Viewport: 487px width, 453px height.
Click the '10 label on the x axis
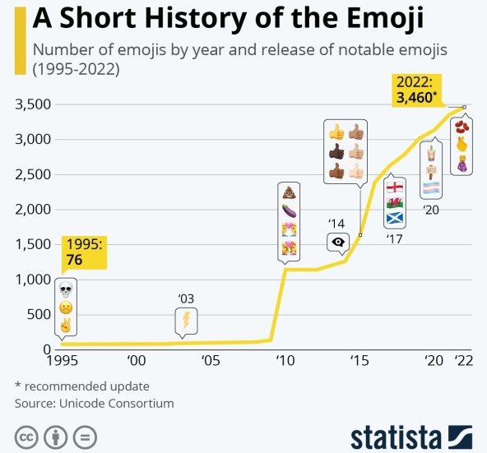point(285,360)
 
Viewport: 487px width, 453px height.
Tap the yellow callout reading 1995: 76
point(85,252)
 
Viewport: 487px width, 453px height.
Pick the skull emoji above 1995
point(65,289)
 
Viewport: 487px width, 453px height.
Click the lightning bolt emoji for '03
point(186,320)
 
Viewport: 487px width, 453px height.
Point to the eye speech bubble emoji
point(337,242)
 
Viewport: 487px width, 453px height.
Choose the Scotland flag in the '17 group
point(395,219)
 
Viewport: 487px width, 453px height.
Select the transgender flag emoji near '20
point(431,190)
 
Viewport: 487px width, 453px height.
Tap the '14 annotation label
point(336,223)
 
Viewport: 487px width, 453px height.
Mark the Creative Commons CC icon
point(26,435)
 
